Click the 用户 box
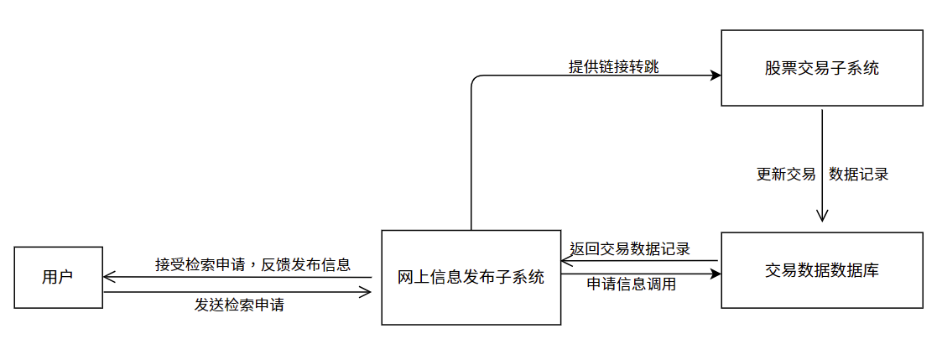58,277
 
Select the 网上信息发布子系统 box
471,278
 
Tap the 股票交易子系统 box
821,68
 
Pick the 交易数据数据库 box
821,270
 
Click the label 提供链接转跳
613,67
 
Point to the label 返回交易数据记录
630,248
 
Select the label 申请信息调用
632,284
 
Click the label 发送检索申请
239,305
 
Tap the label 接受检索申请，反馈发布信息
252,263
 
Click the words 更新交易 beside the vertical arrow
786,175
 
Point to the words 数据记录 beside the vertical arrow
858,175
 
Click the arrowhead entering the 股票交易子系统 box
716,76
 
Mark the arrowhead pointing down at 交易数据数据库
822,216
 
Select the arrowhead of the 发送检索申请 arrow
366,292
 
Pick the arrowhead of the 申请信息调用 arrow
716,274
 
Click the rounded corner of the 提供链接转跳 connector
475,79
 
